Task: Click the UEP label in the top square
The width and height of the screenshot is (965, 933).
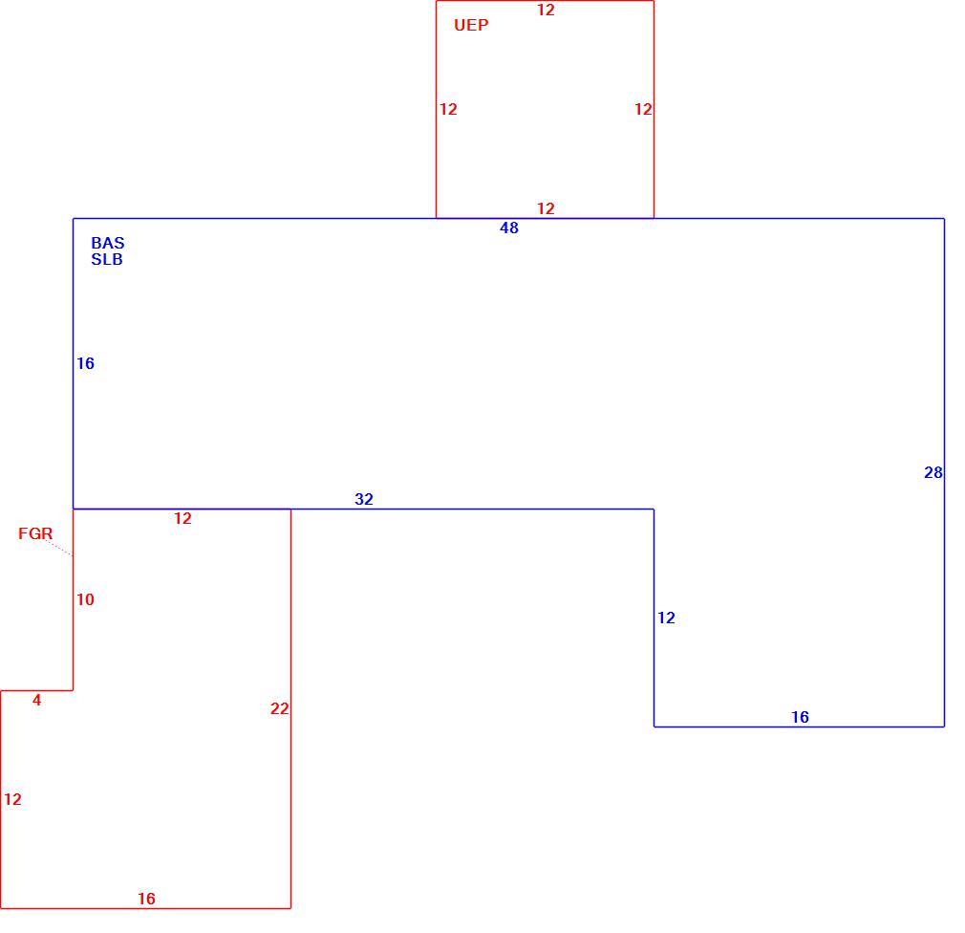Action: point(471,25)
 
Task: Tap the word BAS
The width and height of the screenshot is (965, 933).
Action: point(108,243)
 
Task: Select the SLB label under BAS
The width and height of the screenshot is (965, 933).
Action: point(107,259)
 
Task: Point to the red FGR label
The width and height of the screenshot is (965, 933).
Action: point(35,533)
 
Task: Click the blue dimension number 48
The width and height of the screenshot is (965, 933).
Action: point(509,228)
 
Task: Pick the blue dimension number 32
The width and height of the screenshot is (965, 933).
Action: point(364,499)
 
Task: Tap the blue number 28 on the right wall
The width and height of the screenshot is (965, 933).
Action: point(933,472)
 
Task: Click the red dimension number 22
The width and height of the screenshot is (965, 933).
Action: point(279,709)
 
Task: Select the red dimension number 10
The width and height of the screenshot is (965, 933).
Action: point(85,599)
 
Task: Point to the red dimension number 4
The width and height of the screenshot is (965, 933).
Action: point(37,700)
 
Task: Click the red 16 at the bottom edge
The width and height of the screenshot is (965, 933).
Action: point(146,899)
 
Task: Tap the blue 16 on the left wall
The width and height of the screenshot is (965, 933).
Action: point(85,363)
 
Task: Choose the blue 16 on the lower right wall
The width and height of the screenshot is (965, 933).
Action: point(800,717)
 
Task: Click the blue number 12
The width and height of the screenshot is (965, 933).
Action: point(666,618)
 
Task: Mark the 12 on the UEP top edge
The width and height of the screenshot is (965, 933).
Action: point(546,10)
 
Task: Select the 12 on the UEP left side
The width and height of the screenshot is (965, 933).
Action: point(448,109)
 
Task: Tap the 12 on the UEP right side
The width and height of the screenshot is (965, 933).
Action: point(643,109)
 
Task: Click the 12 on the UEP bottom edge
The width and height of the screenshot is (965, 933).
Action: point(546,208)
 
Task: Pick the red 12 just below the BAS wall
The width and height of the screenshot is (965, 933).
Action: point(182,518)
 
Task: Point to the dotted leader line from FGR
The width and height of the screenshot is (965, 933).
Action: point(59,548)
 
